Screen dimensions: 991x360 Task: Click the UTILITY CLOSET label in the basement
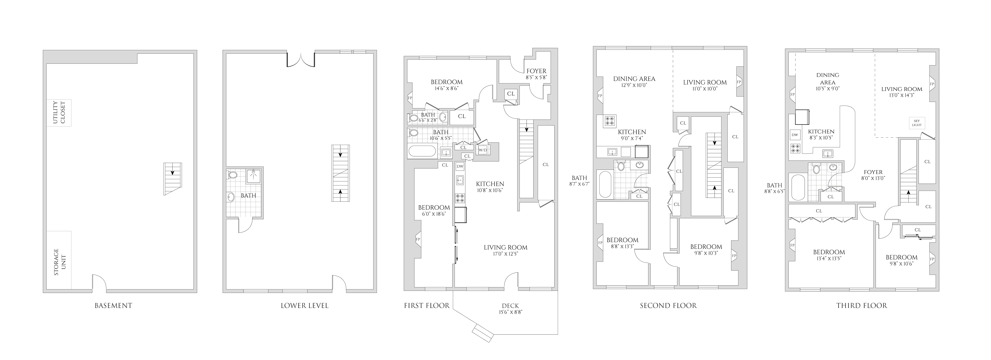click(x=59, y=113)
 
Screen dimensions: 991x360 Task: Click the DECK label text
click(x=510, y=306)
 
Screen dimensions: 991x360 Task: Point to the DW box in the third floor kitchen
click(x=794, y=135)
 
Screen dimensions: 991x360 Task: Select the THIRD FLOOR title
click(x=861, y=306)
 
